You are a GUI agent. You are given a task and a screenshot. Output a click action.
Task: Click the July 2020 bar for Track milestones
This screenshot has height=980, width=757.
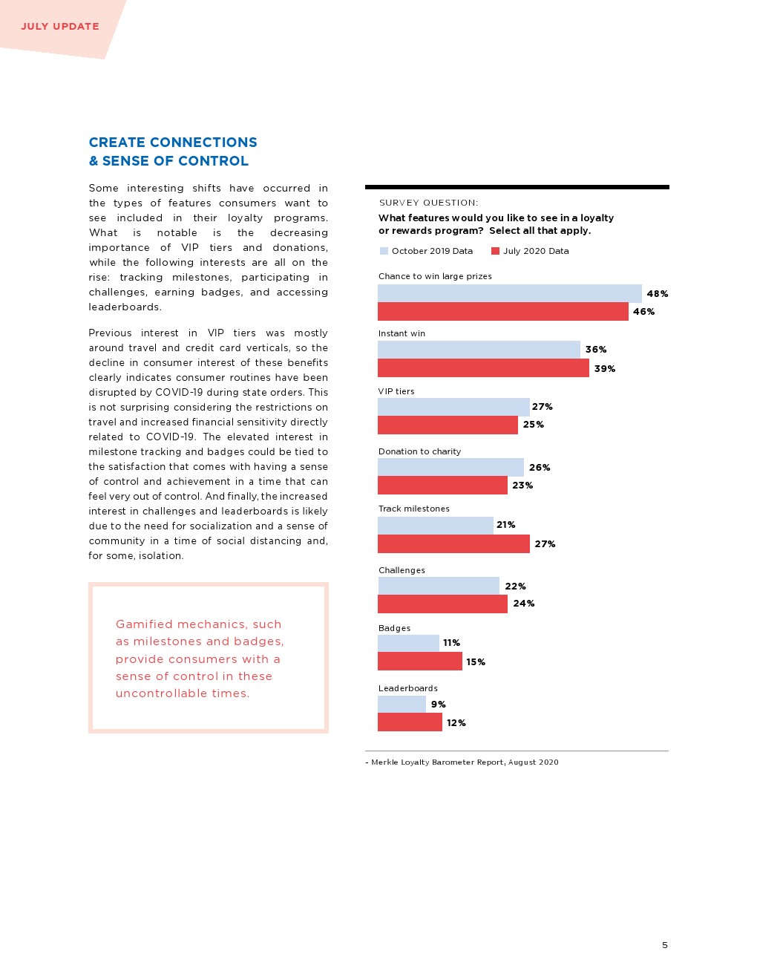click(x=453, y=544)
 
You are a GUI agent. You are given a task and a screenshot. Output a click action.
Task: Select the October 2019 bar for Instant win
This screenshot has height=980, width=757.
click(x=479, y=350)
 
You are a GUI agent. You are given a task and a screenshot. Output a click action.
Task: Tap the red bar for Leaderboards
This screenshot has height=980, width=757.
click(x=410, y=722)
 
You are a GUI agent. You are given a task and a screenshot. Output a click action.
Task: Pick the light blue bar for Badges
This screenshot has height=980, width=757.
click(x=408, y=643)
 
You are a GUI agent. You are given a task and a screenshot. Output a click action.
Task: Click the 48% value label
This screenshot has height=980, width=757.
click(x=657, y=294)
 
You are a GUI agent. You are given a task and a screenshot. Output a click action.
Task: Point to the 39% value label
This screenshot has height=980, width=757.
click(x=604, y=369)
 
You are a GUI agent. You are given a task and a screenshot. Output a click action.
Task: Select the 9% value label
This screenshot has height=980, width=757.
click(x=438, y=705)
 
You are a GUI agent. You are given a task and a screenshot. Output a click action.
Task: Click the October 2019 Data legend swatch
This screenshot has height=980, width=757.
click(x=384, y=251)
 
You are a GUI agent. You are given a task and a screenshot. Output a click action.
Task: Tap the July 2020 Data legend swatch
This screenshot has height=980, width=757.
click(x=495, y=251)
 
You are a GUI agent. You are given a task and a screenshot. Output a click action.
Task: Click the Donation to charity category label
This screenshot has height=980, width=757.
click(x=419, y=451)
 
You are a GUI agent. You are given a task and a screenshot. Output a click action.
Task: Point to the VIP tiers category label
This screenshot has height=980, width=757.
click(x=396, y=391)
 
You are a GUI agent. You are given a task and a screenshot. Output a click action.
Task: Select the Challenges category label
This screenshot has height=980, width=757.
click(x=402, y=570)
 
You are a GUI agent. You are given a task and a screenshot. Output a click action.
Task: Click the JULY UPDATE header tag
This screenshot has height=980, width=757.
click(x=60, y=27)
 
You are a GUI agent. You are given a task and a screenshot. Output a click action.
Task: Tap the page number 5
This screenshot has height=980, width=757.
click(x=664, y=945)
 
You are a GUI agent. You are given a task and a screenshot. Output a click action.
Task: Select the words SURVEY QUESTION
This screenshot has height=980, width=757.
click(x=428, y=203)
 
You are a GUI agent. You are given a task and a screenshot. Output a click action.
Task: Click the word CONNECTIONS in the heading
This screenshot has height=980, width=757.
click(x=203, y=143)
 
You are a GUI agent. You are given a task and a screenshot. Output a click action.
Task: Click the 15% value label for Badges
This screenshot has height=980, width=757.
click(x=475, y=662)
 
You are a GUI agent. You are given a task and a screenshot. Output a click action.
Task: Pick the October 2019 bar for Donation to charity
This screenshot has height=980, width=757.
click(x=450, y=468)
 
